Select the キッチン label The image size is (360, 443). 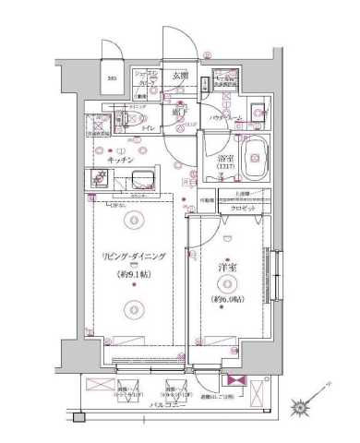pyautogui.click(x=123, y=160)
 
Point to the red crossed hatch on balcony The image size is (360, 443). pyautogui.click(x=234, y=381)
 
